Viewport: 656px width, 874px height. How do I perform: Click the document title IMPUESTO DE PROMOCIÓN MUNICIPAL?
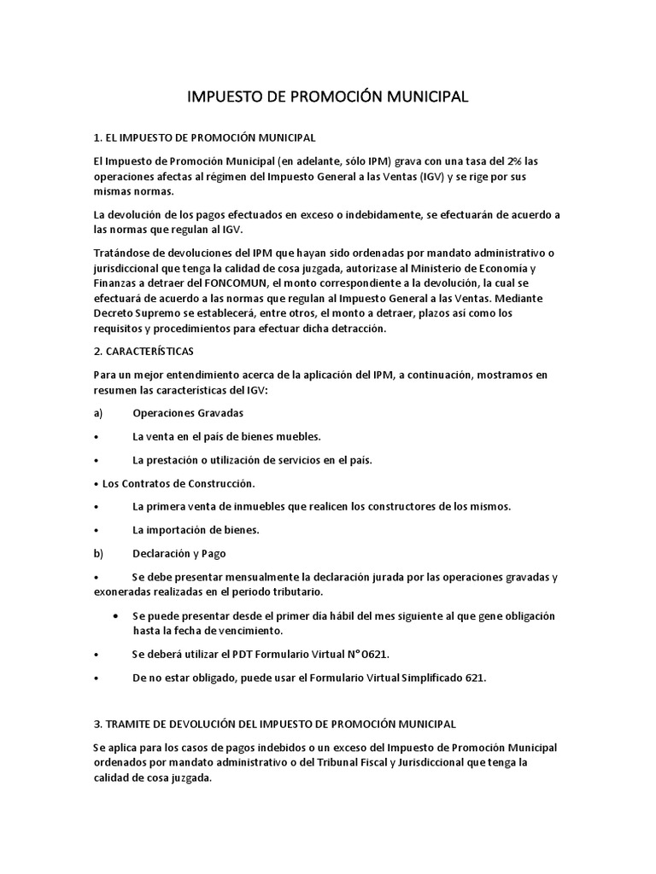(328, 97)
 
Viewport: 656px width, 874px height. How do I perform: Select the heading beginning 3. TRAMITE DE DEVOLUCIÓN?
(274, 725)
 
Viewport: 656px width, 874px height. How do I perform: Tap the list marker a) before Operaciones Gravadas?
(98, 413)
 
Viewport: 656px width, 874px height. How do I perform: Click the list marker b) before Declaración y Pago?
(98, 553)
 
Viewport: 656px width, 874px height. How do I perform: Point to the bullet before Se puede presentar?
(115, 615)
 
